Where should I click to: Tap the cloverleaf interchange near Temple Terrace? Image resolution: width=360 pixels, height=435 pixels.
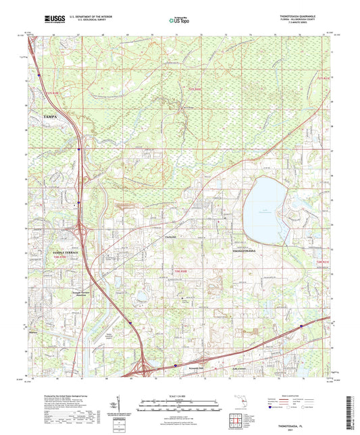pyautogui.click(x=83, y=233)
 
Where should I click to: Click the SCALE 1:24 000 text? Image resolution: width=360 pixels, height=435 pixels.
pyautogui.click(x=180, y=394)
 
